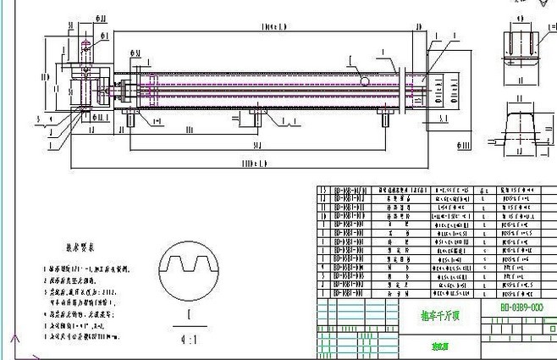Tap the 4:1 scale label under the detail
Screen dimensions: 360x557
coord(179,338)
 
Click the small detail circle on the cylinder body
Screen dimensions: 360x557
coord(364,81)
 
